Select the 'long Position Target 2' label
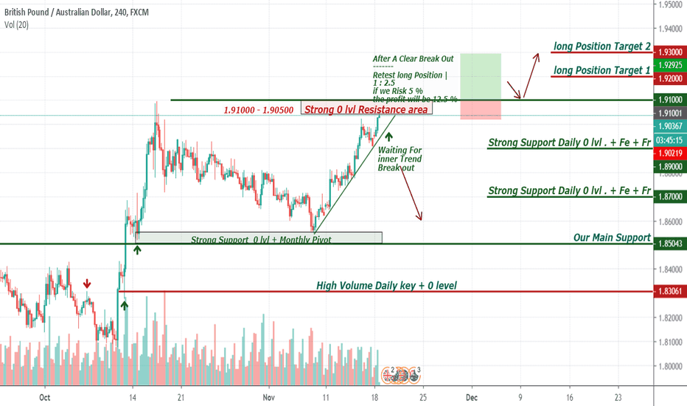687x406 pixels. tap(601, 47)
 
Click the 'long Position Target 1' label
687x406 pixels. tap(601, 70)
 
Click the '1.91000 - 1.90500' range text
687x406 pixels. tap(258, 110)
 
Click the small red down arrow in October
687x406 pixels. tap(87, 283)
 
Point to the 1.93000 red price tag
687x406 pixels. tap(670, 52)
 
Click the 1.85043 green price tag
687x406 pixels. tap(670, 244)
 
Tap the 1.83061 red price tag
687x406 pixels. tap(670, 292)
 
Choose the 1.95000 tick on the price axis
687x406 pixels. tap(671, 4)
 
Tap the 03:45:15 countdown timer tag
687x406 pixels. tap(670, 140)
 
